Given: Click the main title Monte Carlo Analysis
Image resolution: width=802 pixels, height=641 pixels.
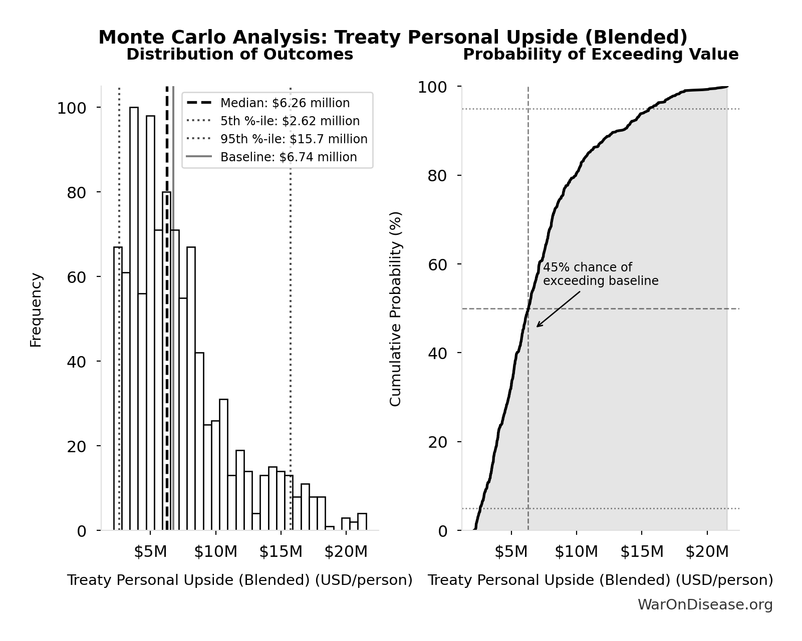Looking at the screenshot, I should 393,37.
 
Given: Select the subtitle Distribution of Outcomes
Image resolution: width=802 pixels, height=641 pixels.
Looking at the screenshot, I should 239,54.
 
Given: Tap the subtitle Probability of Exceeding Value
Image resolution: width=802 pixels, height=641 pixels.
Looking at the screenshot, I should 600,54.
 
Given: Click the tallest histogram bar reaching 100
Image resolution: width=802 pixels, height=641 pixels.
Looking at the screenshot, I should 134,320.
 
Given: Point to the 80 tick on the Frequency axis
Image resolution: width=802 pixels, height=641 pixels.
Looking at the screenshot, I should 77,193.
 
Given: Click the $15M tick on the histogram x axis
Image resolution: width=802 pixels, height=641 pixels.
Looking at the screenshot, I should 281,552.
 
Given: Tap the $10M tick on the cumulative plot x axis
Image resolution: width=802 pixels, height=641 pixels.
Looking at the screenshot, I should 576,552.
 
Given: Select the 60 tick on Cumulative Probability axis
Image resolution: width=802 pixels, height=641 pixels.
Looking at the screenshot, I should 438,264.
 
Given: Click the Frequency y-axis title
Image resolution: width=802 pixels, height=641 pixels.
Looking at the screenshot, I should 36,309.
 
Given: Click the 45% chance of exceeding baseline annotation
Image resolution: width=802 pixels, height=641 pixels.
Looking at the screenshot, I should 600,274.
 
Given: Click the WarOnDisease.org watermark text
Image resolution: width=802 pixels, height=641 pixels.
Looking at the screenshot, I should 704,605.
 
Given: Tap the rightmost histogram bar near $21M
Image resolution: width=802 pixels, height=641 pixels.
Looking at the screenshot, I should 362,522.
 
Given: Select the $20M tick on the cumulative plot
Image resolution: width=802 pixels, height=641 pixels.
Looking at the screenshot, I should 707,552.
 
